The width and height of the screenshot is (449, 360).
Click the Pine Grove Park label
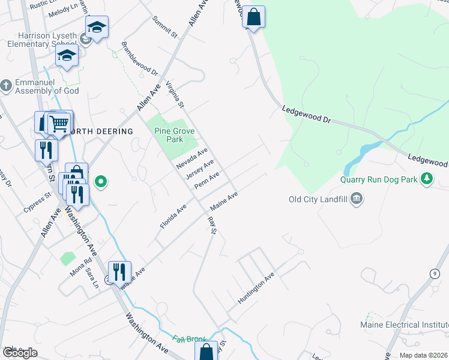(173, 135)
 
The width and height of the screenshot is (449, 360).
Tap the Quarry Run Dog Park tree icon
(427, 178)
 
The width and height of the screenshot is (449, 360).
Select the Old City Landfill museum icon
(356, 199)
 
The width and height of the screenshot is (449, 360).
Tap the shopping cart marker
(59, 124)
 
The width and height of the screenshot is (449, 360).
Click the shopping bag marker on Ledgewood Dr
(253, 17)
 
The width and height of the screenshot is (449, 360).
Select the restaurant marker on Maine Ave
(119, 272)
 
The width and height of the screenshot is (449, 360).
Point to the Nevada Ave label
(191, 158)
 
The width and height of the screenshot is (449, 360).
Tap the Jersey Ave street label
(200, 169)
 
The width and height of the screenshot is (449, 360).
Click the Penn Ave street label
(206, 180)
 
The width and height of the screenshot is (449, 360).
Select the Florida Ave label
(173, 216)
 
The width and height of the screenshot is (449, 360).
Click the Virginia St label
(174, 95)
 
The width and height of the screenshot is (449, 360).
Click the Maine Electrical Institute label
(403, 325)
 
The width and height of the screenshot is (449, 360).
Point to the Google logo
(20, 352)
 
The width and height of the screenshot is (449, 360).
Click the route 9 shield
(433, 274)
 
